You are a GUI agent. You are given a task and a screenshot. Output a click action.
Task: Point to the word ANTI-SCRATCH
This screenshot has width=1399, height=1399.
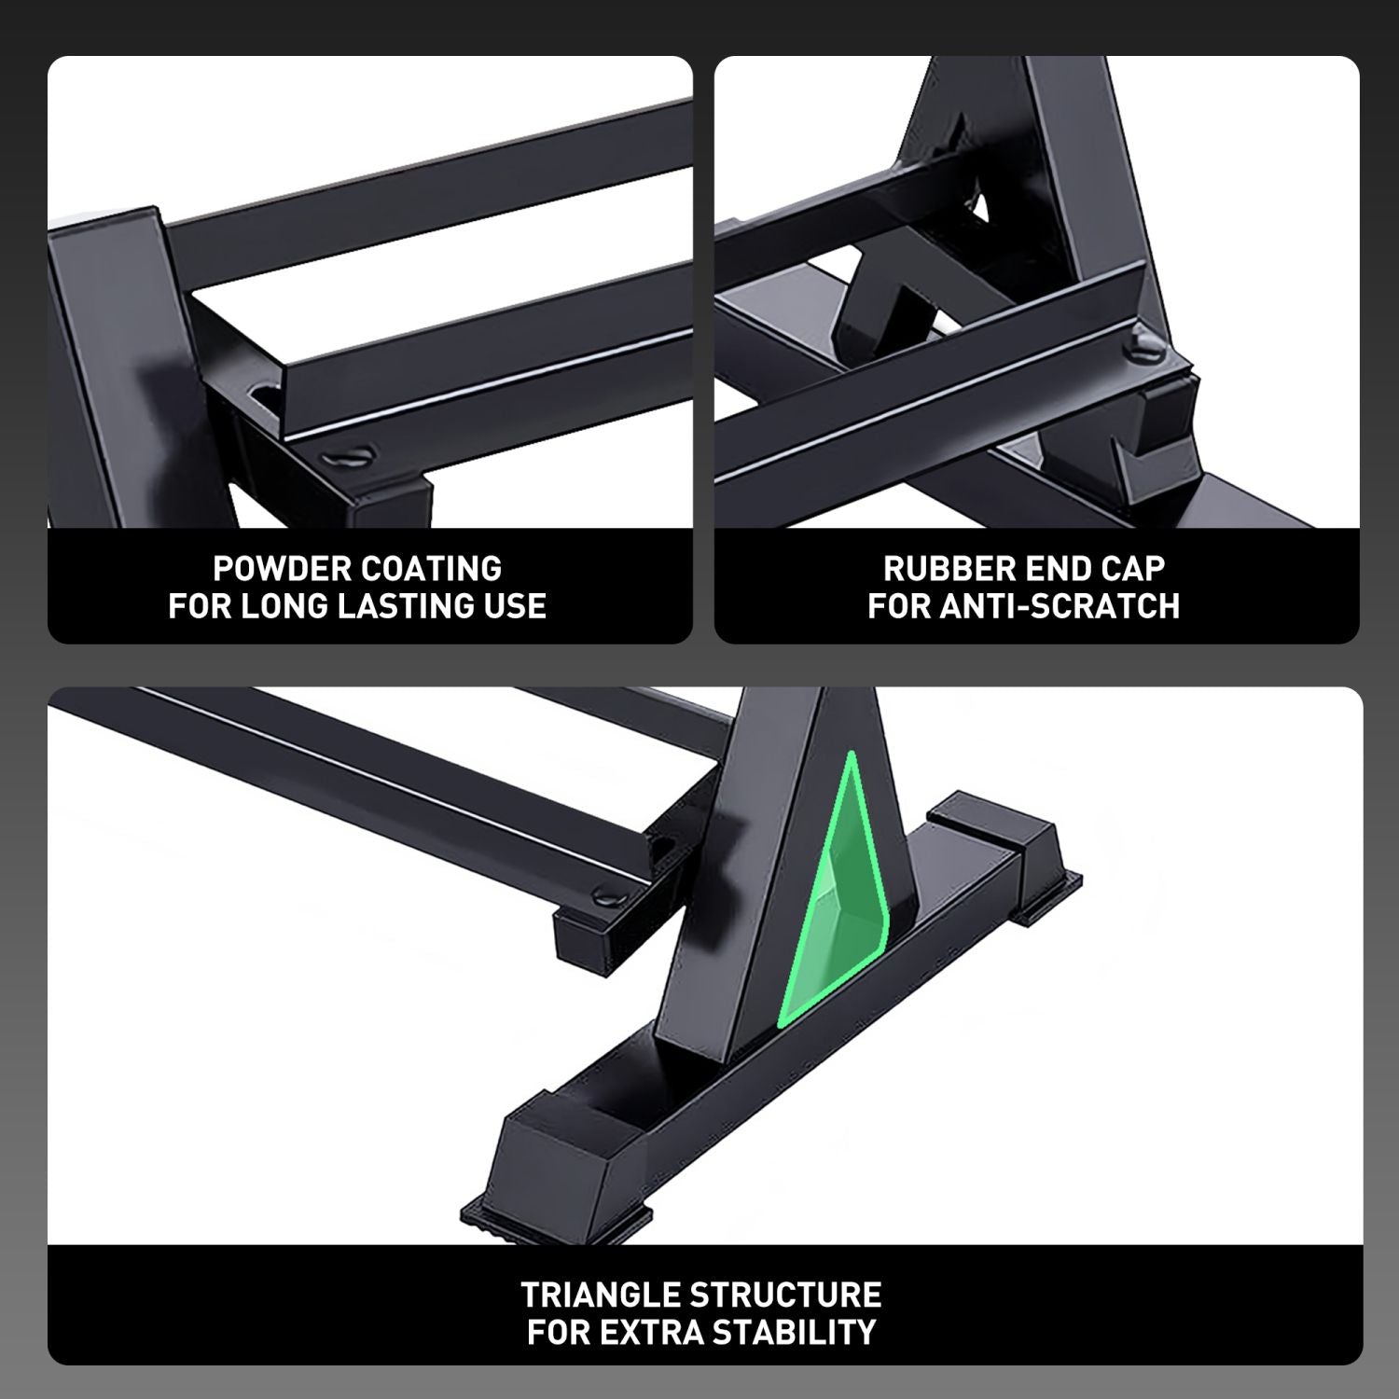click(x=1060, y=606)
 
